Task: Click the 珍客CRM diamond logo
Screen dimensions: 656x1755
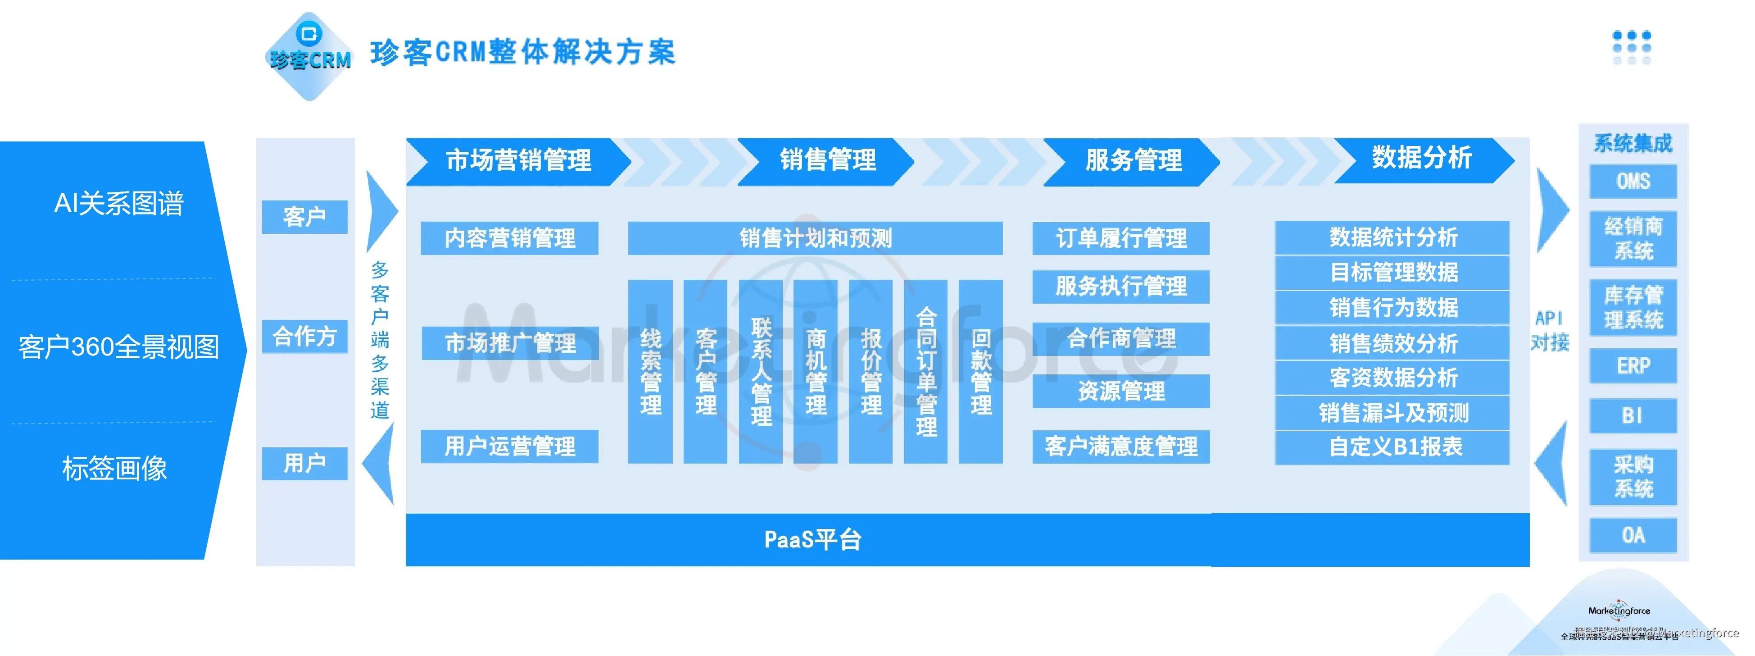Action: click(x=310, y=56)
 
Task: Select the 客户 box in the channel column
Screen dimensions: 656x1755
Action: click(x=304, y=217)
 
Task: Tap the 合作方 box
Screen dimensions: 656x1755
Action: click(x=304, y=336)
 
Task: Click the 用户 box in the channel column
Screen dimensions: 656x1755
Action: click(x=304, y=464)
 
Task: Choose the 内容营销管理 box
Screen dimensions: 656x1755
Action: click(x=510, y=238)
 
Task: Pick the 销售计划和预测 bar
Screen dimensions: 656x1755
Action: click(x=815, y=238)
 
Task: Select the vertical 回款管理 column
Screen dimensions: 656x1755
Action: click(x=980, y=372)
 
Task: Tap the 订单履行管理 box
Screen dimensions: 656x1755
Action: click(x=1121, y=238)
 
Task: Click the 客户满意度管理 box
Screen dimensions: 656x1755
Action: click(x=1121, y=446)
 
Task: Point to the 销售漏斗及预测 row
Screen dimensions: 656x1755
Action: click(x=1392, y=413)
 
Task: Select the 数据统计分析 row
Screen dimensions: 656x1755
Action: click(x=1392, y=237)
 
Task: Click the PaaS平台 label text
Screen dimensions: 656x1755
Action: click(x=812, y=539)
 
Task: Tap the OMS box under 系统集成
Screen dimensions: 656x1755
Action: click(x=1633, y=182)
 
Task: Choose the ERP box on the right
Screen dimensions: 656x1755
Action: click(x=1633, y=366)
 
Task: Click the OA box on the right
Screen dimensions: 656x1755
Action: click(x=1633, y=535)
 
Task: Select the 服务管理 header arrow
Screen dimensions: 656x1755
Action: click(x=1132, y=161)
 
